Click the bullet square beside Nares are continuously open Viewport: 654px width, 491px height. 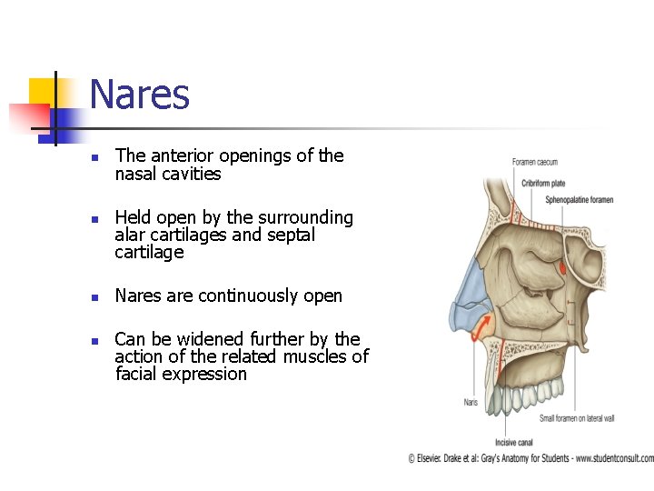(94, 296)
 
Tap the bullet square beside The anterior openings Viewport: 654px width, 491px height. (94, 156)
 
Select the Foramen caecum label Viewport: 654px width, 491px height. (534, 163)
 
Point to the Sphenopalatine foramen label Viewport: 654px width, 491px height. (579, 200)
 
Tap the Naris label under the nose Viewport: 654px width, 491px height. (471, 401)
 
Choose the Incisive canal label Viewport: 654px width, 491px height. (513, 442)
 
